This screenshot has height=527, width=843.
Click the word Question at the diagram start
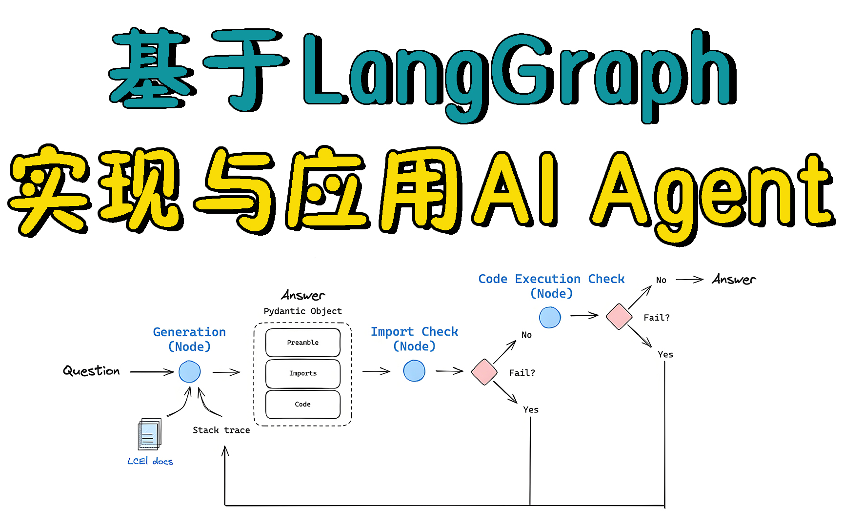pyautogui.click(x=91, y=371)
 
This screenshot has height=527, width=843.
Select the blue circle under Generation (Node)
pyautogui.click(x=190, y=372)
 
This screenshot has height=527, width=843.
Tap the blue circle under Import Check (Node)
pyautogui.click(x=414, y=371)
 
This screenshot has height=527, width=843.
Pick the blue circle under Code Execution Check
pyautogui.click(x=550, y=317)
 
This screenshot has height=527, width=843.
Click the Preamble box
pyautogui.click(x=303, y=343)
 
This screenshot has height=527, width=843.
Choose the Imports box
pyautogui.click(x=303, y=374)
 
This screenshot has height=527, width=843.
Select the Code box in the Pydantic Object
pyautogui.click(x=303, y=405)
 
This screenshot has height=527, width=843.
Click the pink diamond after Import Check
pyautogui.click(x=484, y=372)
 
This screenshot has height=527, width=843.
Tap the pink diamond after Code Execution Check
pyautogui.click(x=619, y=317)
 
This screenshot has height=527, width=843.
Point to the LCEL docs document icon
pyautogui.click(x=149, y=434)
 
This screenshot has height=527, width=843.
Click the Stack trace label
pyautogui.click(x=221, y=430)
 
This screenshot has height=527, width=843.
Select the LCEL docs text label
pyautogui.click(x=150, y=461)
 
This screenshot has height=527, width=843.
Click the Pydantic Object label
pyautogui.click(x=303, y=311)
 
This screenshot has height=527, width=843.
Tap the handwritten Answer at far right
pyautogui.click(x=734, y=280)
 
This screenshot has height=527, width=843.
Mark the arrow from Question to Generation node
pyautogui.click(x=152, y=372)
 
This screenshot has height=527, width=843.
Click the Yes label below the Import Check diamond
pyautogui.click(x=531, y=410)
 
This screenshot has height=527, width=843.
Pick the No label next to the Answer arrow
pyautogui.click(x=661, y=280)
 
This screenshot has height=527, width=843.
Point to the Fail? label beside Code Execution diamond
pyautogui.click(x=657, y=318)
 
